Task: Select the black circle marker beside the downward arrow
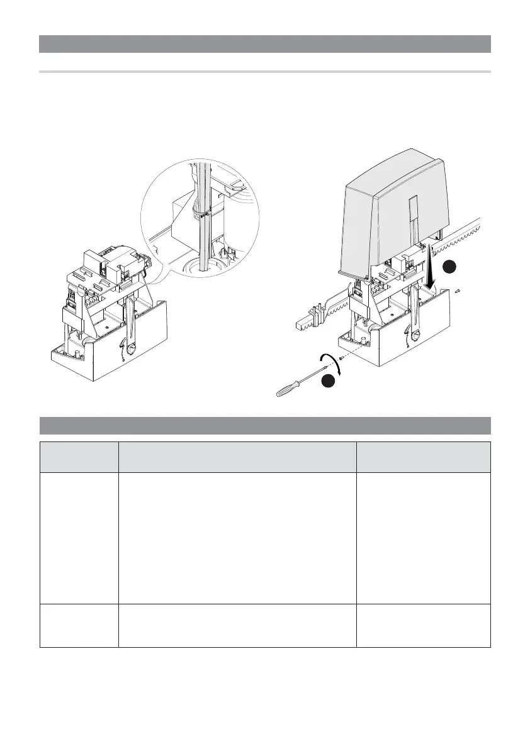[x=449, y=267]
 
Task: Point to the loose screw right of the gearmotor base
[x=459, y=290]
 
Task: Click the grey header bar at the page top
[x=264, y=44]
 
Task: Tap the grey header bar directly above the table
[x=264, y=425]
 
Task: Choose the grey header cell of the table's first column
[x=79, y=457]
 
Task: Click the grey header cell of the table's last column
[x=423, y=457]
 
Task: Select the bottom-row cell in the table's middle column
[x=237, y=626]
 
